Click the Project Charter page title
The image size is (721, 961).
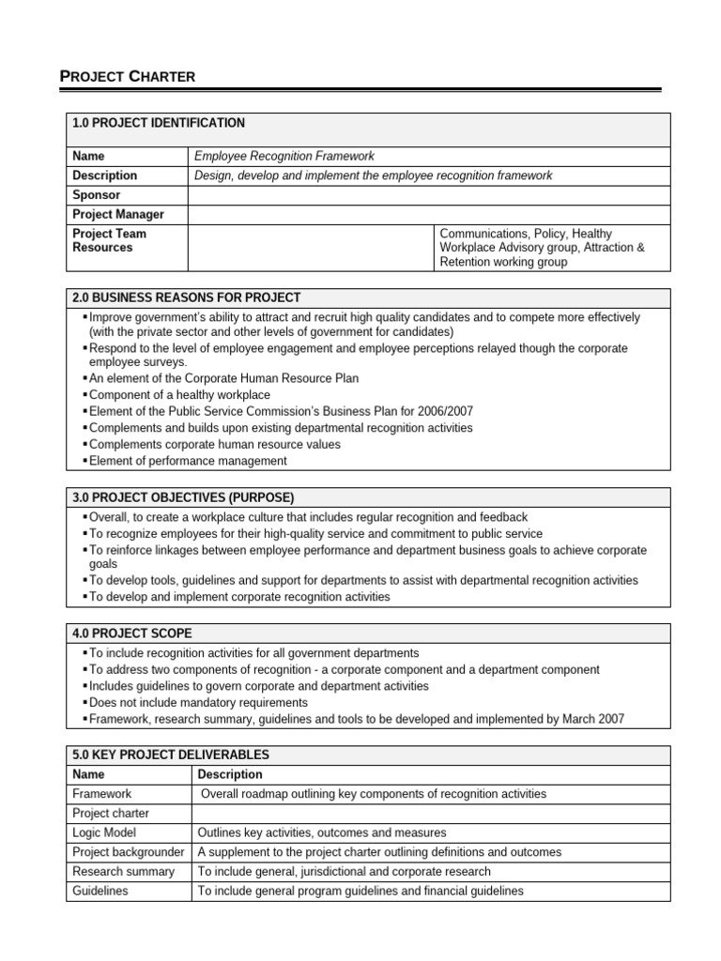click(129, 77)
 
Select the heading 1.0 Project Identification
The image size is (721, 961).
click(158, 123)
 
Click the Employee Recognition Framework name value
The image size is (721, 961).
click(284, 156)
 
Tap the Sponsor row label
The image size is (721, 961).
click(97, 195)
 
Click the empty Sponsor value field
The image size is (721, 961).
click(429, 195)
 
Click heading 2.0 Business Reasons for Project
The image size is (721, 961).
click(186, 297)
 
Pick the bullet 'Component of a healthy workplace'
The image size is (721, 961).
click(179, 395)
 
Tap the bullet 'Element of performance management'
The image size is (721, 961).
click(188, 461)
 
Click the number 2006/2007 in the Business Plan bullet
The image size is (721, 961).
click(447, 411)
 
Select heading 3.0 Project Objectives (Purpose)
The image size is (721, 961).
click(183, 496)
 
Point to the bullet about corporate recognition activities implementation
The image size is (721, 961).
click(239, 596)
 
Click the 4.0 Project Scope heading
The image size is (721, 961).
click(131, 633)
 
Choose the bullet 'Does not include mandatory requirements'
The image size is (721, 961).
click(198, 702)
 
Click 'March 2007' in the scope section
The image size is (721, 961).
click(593, 719)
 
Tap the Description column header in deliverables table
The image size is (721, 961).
click(230, 774)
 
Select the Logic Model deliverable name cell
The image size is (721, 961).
click(104, 832)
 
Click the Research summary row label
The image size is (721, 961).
click(123, 871)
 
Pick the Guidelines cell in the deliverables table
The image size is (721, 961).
click(100, 891)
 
